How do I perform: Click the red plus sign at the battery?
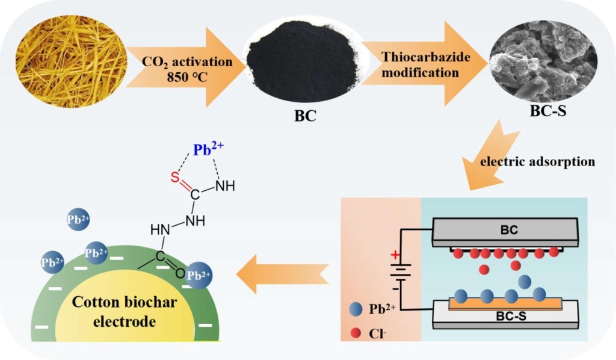[395, 255]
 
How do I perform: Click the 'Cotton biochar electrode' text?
[125, 312]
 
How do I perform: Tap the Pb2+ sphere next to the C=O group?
[199, 275]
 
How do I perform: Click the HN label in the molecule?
[159, 229]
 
